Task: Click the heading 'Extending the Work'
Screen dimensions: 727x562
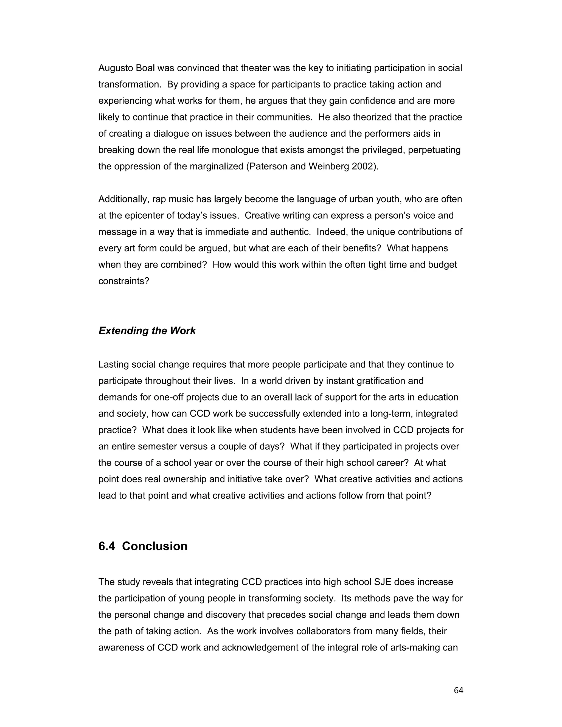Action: point(147,331)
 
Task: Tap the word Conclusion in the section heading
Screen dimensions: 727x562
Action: point(154,546)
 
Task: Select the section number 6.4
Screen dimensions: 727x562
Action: point(106,546)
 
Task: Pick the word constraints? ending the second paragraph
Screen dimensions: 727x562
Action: point(124,281)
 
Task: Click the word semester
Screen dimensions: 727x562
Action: point(161,446)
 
